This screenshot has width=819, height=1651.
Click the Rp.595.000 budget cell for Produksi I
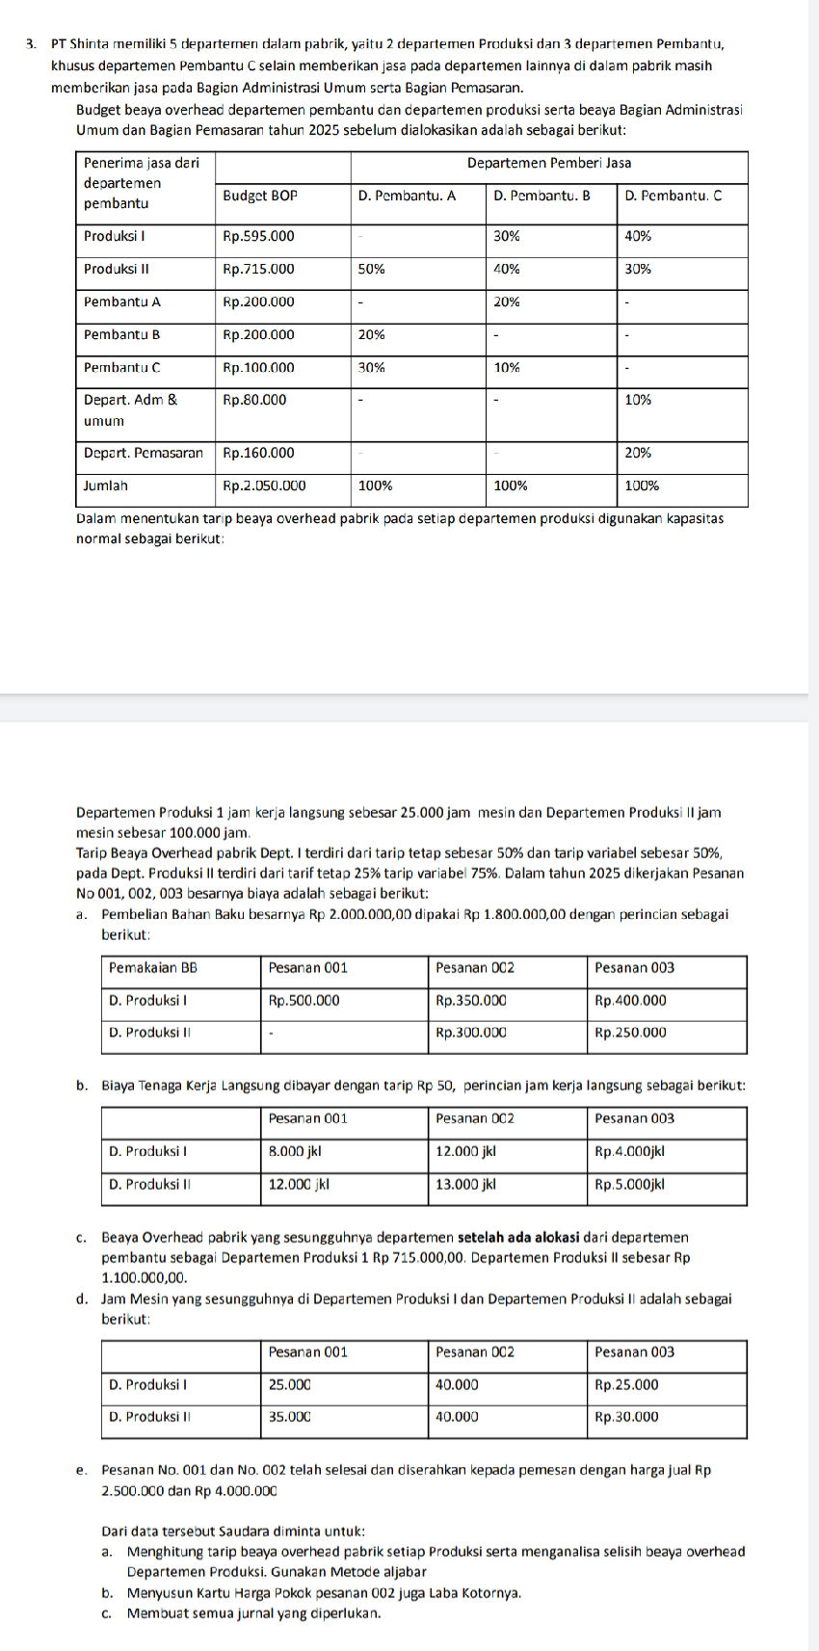click(x=258, y=236)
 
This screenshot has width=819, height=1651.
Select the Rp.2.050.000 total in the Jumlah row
click(x=264, y=486)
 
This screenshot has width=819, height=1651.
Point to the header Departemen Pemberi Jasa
click(x=548, y=163)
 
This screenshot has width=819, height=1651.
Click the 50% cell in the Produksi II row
click(x=371, y=270)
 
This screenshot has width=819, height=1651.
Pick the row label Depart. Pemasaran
click(x=143, y=453)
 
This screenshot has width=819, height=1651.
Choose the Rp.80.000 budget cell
click(x=254, y=400)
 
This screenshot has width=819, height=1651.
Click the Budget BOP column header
click(x=259, y=195)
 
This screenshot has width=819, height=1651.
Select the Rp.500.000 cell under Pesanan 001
click(x=304, y=1001)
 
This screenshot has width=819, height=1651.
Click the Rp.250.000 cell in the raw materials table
click(x=630, y=1033)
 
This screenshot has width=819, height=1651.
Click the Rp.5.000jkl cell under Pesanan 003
click(x=629, y=1185)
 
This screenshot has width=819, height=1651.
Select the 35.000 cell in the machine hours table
click(x=289, y=1417)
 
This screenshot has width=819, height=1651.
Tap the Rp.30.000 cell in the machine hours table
click(x=626, y=1417)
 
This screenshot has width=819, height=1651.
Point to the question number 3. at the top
click(x=32, y=43)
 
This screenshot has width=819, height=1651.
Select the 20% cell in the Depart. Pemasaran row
click(x=638, y=453)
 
